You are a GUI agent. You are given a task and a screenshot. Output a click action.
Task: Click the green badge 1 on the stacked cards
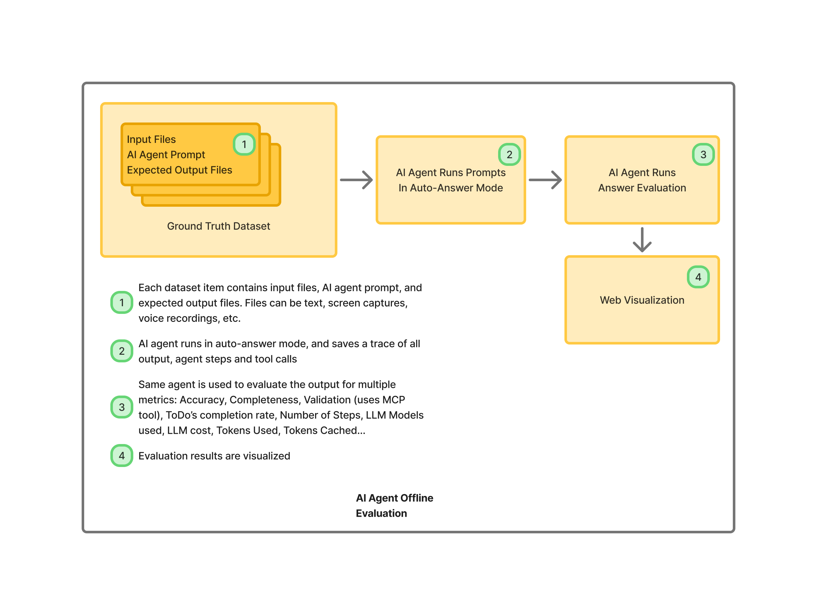pyautogui.click(x=244, y=144)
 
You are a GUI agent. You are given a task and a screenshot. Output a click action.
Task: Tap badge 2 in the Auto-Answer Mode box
pyautogui.click(x=509, y=154)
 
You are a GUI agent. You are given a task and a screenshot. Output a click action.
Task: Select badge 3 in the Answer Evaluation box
pyautogui.click(x=703, y=154)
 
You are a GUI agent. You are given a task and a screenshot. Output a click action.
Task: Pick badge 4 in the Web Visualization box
pyautogui.click(x=698, y=277)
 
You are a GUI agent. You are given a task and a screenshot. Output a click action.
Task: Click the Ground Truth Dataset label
pyautogui.click(x=218, y=226)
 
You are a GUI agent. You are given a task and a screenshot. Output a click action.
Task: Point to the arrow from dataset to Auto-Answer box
pyautogui.click(x=356, y=180)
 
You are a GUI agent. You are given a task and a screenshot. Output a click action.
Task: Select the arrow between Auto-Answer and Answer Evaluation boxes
pyautogui.click(x=545, y=180)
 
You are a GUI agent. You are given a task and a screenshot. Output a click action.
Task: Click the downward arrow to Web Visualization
pyautogui.click(x=642, y=240)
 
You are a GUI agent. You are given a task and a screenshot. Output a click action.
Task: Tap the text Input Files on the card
pyautogui.click(x=151, y=139)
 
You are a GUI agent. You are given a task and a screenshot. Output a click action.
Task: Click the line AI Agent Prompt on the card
pyautogui.click(x=166, y=154)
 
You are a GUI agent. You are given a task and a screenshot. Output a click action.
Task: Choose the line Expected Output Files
pyautogui.click(x=179, y=170)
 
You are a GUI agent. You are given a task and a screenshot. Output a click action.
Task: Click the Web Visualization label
pyautogui.click(x=642, y=300)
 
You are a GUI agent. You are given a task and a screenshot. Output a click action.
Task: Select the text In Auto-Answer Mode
pyautogui.click(x=451, y=188)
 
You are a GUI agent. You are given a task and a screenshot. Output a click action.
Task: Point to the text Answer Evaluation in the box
pyautogui.click(x=642, y=188)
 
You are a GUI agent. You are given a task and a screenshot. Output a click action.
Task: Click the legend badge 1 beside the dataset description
pyautogui.click(x=121, y=302)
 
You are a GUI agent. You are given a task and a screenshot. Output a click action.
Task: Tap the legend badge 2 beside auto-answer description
pyautogui.click(x=121, y=351)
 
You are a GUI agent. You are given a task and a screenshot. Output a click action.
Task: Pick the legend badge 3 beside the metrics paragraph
pyautogui.click(x=121, y=407)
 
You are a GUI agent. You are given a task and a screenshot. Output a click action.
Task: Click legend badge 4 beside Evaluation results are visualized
pyautogui.click(x=121, y=456)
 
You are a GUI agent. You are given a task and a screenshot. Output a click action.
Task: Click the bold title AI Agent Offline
pyautogui.click(x=394, y=498)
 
